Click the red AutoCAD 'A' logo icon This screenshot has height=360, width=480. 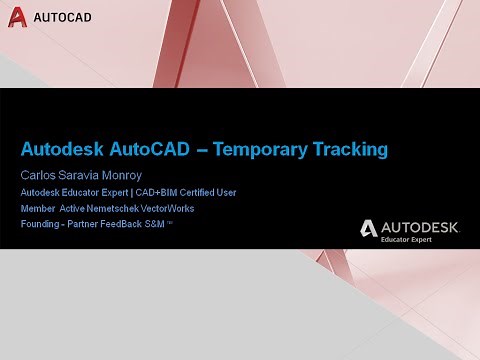point(17,17)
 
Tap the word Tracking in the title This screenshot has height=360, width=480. point(345,151)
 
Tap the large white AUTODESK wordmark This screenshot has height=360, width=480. point(421,228)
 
